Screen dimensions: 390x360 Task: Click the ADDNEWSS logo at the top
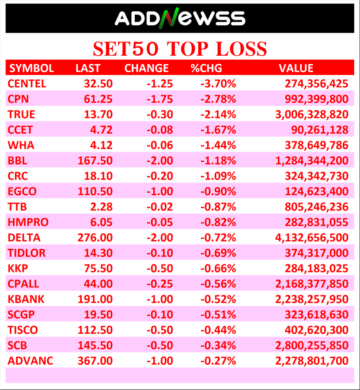pyautogui.click(x=180, y=18)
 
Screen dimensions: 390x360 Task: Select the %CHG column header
pyautogui.click(x=206, y=68)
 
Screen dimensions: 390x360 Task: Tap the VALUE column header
pyautogui.click(x=296, y=68)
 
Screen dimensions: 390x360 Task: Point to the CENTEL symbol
pyautogui.click(x=27, y=83)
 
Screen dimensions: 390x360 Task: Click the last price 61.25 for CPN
pyautogui.click(x=98, y=99)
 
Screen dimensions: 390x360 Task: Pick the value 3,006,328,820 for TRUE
pyautogui.click(x=311, y=114)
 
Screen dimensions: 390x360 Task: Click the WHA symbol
pyautogui.click(x=21, y=145)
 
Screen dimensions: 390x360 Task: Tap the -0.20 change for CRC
pyautogui.click(x=160, y=176)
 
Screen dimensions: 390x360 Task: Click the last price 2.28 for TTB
pyautogui.click(x=102, y=206)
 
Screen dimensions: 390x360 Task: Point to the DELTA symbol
pyautogui.click(x=24, y=237)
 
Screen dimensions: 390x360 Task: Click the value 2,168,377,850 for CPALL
pyautogui.click(x=311, y=284)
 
